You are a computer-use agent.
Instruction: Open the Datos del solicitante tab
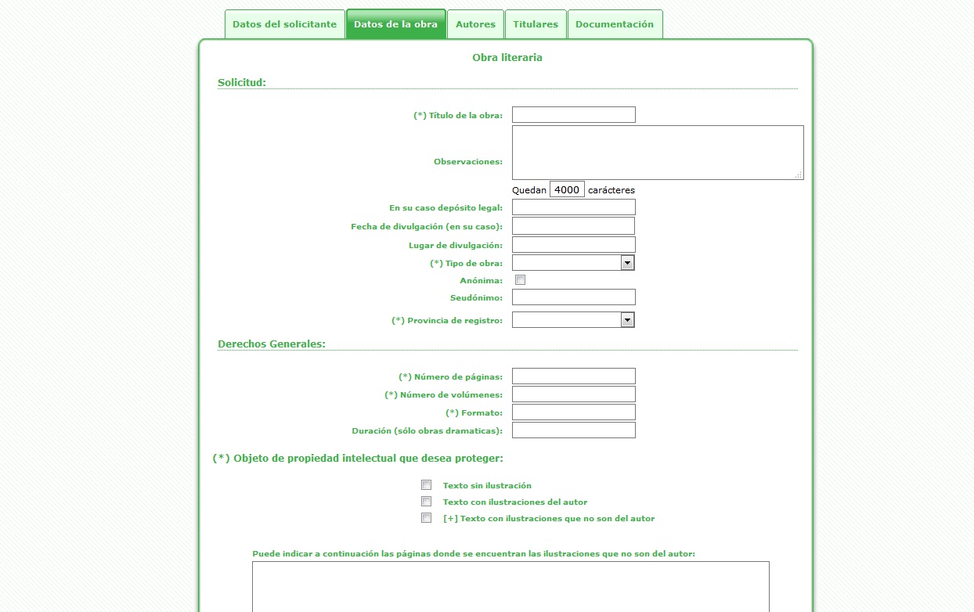tap(284, 24)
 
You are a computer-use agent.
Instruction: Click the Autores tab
tap(475, 24)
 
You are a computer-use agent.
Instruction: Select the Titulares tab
tap(536, 24)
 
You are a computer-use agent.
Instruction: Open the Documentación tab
tap(615, 24)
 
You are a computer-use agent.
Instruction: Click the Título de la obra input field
tap(573, 115)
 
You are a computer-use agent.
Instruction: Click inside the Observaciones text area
tap(658, 153)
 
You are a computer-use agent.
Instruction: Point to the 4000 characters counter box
tap(567, 189)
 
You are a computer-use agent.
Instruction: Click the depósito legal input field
tap(573, 207)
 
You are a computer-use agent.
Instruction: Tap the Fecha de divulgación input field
tap(573, 226)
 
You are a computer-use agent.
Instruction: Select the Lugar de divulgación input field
tap(573, 245)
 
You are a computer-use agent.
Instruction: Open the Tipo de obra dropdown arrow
tap(627, 263)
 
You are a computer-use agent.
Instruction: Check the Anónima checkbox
tap(520, 280)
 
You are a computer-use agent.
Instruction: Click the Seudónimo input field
tap(573, 297)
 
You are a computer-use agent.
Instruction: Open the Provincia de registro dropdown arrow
tap(627, 320)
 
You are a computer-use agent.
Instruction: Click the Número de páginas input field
tap(573, 376)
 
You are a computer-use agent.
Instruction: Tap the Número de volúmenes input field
tap(573, 394)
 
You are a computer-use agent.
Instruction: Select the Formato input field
tap(573, 412)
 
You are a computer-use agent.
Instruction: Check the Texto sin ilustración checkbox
tap(427, 485)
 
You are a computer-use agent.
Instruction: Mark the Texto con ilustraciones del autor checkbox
tap(427, 502)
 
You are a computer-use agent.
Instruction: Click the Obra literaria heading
tap(507, 58)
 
